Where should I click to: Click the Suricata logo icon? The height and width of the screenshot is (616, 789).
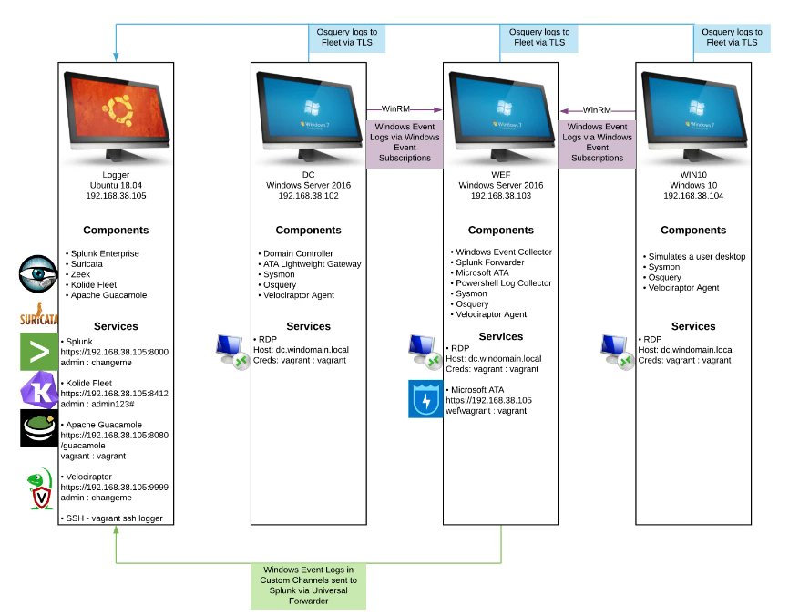click(x=38, y=313)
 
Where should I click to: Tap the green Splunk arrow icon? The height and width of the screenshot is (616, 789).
click(x=38, y=351)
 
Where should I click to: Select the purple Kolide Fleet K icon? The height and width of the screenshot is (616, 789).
click(x=38, y=389)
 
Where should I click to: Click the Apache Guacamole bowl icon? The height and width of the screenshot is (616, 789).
click(x=38, y=428)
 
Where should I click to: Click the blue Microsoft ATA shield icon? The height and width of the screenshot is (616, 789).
click(x=425, y=399)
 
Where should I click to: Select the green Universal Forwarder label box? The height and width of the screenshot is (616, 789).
click(x=308, y=586)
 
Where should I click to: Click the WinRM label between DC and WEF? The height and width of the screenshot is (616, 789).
click(x=404, y=109)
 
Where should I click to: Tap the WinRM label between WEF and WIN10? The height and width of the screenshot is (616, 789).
click(x=597, y=109)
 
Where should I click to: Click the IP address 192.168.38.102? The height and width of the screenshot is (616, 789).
click(x=308, y=196)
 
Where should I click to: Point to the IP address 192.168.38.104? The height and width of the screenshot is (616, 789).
click(x=693, y=196)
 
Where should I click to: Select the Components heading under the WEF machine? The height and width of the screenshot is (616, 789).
click(x=501, y=231)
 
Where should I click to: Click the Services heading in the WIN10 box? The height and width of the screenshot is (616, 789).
click(x=693, y=326)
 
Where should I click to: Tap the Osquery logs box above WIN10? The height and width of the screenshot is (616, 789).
click(x=730, y=37)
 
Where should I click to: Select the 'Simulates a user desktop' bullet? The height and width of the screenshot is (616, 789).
click(x=697, y=257)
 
